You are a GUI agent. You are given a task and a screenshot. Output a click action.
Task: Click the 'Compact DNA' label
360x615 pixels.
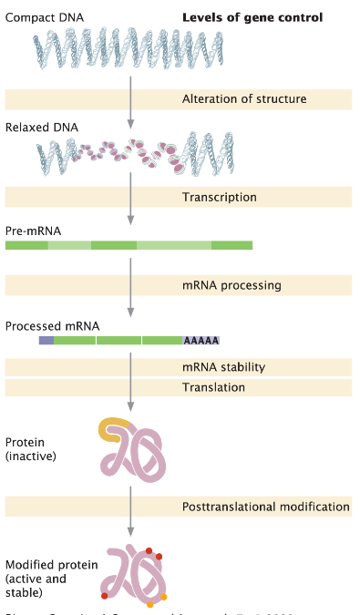coord(38,17)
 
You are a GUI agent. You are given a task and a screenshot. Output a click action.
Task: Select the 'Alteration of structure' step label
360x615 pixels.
coord(243,99)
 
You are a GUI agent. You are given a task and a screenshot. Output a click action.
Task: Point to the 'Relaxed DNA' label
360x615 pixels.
coord(41,127)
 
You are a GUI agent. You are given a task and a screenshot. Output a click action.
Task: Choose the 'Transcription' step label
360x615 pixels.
coord(219,197)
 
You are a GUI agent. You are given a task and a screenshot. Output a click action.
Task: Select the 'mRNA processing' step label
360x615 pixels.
coord(231,285)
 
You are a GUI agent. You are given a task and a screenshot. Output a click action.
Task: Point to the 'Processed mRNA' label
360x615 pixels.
coord(52,325)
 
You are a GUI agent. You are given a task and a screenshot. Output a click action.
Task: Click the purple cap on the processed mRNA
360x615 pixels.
coord(46,340)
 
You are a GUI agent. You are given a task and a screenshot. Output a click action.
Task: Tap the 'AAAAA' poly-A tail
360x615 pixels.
coord(201,340)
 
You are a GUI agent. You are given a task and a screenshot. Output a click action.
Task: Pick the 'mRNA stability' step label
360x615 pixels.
coord(223,367)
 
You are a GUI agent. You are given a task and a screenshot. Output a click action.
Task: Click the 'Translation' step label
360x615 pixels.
coord(213,387)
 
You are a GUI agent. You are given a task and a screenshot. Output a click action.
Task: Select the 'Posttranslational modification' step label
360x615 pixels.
coord(265,506)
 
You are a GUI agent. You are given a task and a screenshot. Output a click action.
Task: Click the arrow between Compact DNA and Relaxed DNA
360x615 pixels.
coord(131,100)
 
